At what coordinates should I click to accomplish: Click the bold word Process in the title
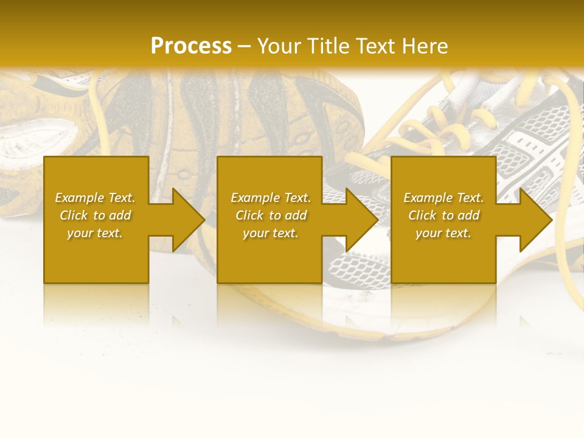coord(191,46)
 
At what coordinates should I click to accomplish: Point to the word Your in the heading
coord(280,46)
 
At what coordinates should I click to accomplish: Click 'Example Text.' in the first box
coord(95,198)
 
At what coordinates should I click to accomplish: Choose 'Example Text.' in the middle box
coord(271,198)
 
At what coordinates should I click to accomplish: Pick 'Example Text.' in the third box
coord(443,198)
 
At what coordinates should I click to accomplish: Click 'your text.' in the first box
coord(95,233)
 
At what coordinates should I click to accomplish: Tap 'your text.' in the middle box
coord(271,233)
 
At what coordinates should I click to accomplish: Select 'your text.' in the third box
coord(443,233)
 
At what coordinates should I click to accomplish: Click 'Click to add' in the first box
coord(95,215)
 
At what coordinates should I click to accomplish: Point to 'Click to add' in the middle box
coord(271,215)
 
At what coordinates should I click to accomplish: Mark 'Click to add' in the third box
coord(443,215)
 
